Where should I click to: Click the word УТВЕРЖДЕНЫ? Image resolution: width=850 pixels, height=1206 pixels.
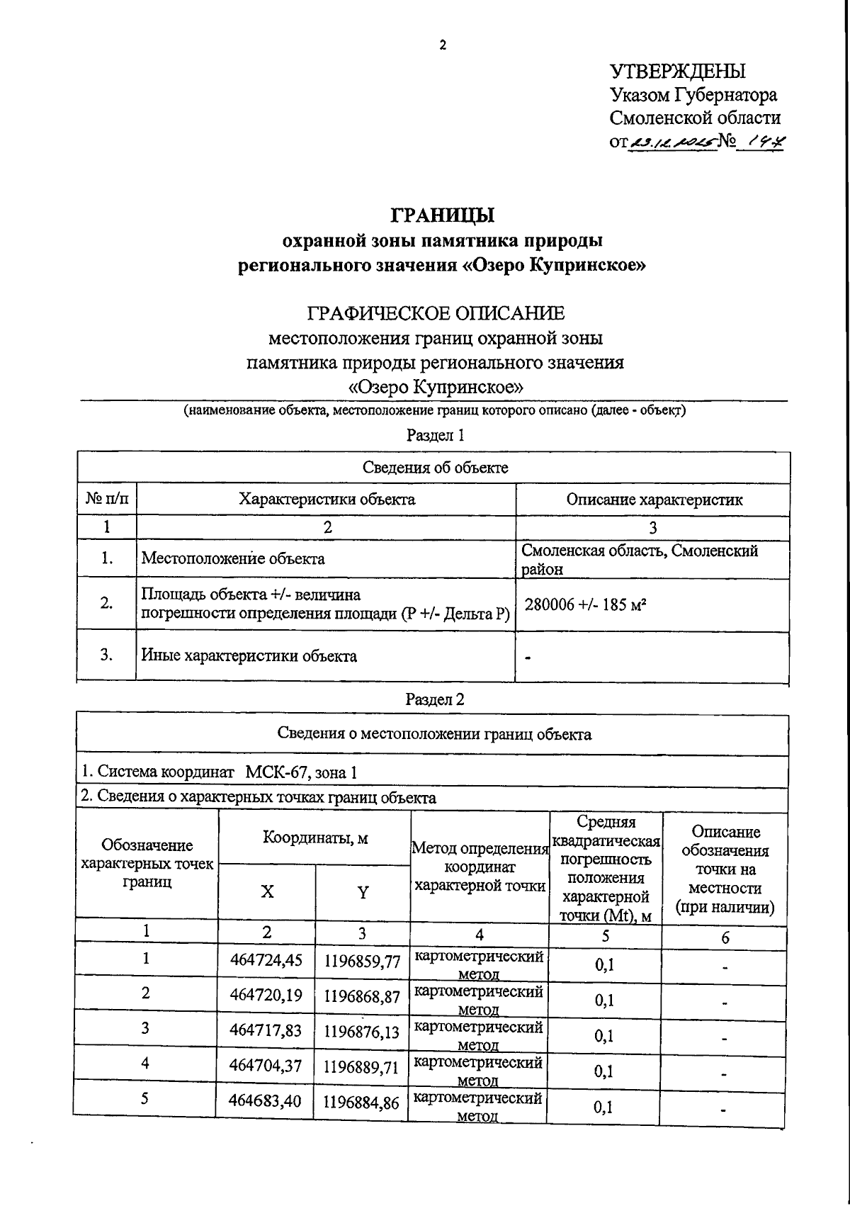[x=677, y=71]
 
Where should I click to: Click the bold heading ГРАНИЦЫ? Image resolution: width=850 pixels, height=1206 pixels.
[x=442, y=214]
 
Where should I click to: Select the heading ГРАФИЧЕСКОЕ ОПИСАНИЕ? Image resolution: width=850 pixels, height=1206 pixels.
[x=436, y=312]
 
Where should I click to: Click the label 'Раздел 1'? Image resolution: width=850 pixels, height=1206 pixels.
[x=435, y=434]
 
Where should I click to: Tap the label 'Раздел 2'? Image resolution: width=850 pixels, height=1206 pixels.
[x=435, y=699]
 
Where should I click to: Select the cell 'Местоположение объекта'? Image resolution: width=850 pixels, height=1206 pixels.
[x=233, y=558]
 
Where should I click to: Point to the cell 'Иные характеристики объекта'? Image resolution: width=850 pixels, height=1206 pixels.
[x=249, y=655]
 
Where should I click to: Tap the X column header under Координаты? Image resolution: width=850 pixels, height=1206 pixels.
[x=267, y=891]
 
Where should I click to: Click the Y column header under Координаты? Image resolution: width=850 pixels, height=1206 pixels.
[x=363, y=892]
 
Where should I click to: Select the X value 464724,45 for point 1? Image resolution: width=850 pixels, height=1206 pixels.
[x=266, y=960]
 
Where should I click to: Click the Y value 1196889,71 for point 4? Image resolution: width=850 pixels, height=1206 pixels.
[x=361, y=1068]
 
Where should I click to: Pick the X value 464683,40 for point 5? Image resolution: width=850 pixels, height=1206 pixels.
[x=266, y=1101]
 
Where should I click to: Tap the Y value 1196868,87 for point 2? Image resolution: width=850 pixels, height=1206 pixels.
[x=361, y=996]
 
